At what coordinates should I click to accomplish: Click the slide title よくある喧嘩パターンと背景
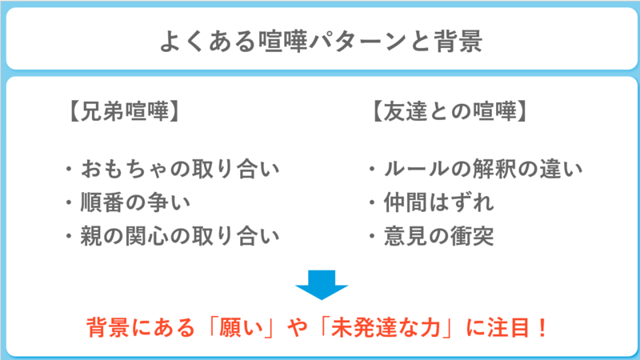[321, 42]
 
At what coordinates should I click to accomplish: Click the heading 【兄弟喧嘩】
[124, 111]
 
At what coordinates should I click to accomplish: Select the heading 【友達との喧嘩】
[449, 111]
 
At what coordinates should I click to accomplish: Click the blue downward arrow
[322, 285]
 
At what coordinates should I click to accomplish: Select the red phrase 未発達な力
[386, 327]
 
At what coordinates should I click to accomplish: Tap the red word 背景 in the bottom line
[108, 327]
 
